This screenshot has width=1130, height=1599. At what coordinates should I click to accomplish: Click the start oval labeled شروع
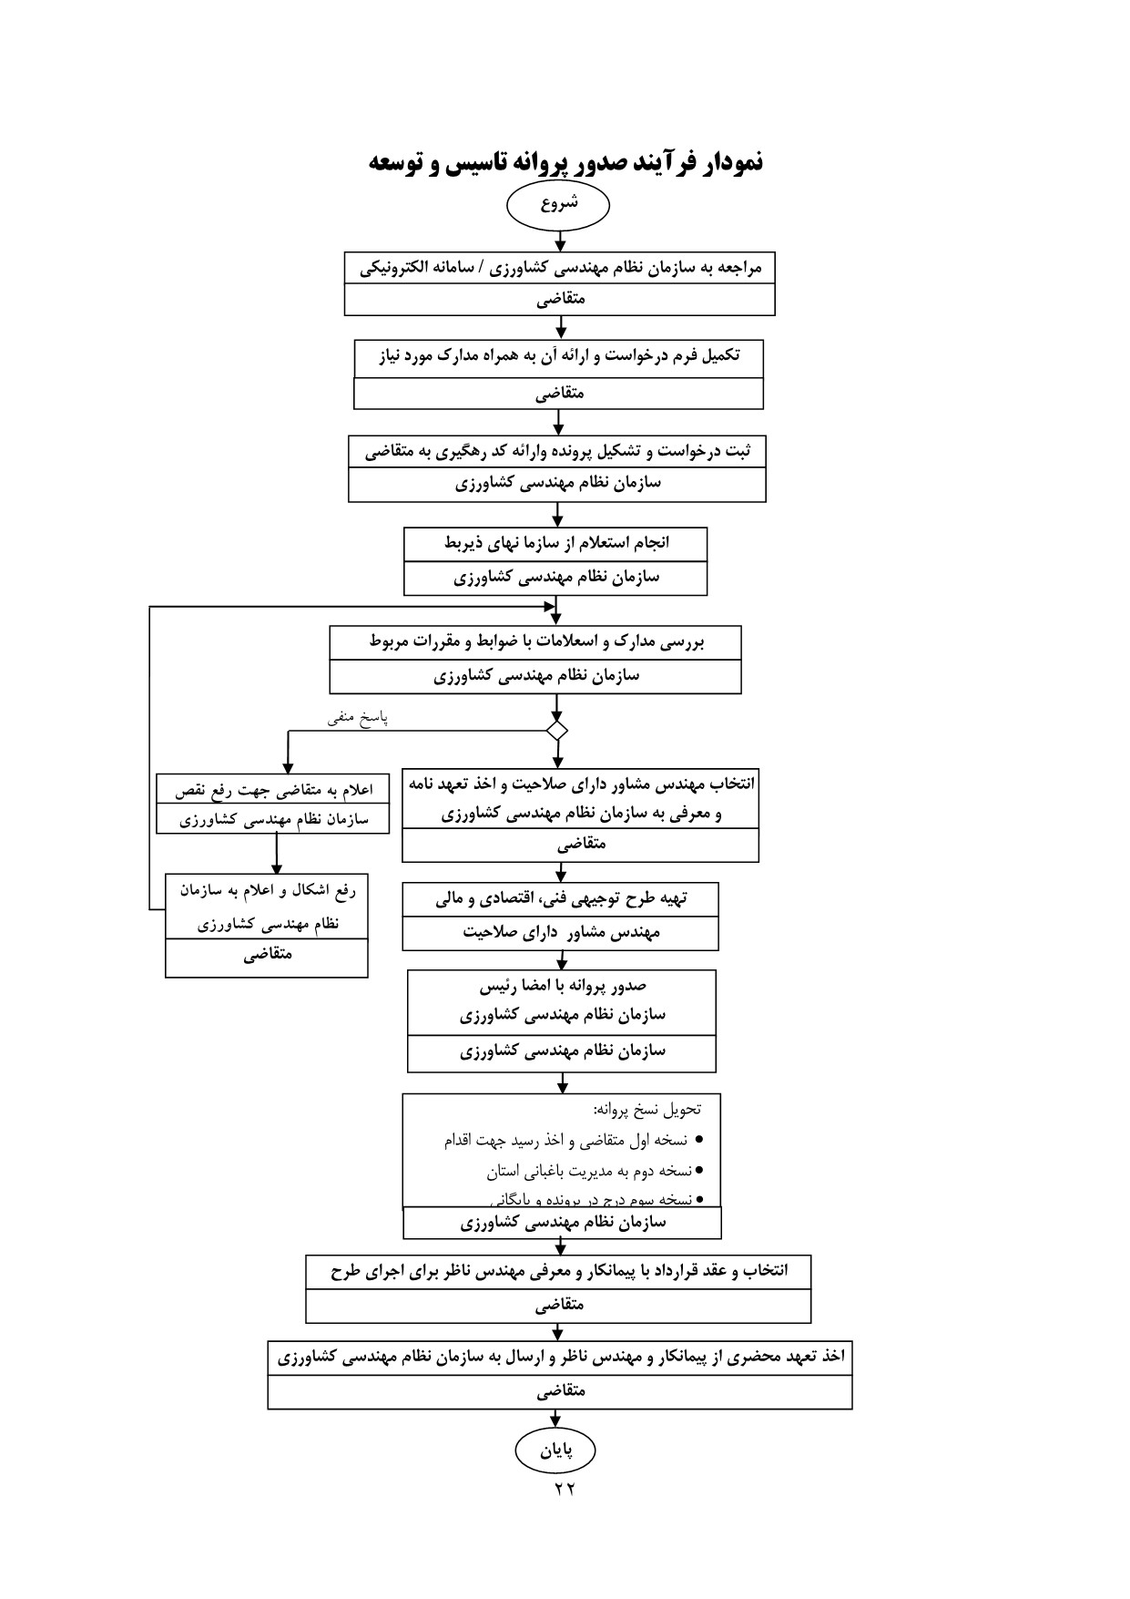[558, 205]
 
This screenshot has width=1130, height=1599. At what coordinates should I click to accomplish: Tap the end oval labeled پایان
[555, 1450]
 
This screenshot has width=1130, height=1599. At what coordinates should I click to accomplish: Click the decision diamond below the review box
[557, 730]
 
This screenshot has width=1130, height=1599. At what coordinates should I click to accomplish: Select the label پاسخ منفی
[359, 718]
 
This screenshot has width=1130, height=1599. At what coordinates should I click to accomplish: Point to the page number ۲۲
[565, 1489]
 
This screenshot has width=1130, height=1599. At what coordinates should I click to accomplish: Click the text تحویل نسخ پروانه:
[647, 1110]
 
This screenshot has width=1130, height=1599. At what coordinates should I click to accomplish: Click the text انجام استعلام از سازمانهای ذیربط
[556, 544]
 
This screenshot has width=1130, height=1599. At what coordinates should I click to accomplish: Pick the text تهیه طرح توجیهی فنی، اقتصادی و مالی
[561, 899]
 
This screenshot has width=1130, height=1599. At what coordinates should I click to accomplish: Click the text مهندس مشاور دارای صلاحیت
[561, 933]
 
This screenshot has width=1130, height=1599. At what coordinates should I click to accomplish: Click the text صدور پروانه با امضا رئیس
[562, 986]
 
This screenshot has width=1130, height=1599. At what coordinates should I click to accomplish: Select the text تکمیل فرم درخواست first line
[559, 356]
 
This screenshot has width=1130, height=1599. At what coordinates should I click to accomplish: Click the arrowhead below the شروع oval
[560, 244]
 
